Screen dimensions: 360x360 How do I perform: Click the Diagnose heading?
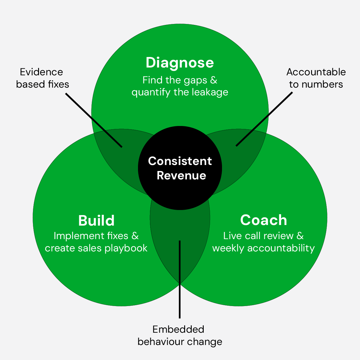[x=180, y=63]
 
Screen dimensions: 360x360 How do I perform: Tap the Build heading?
[x=96, y=220]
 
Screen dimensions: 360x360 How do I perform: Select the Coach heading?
[x=263, y=220]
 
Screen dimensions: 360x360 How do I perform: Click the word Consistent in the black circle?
[x=180, y=161]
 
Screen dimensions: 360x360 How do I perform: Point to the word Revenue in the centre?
[x=181, y=175]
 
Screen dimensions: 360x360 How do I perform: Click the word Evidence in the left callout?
[x=41, y=72]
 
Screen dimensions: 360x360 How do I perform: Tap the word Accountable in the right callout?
[x=316, y=72]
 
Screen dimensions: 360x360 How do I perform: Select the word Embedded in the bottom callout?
[x=178, y=329]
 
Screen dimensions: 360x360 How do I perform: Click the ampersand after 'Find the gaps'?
[x=213, y=80]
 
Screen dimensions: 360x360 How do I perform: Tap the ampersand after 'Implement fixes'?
[x=135, y=236]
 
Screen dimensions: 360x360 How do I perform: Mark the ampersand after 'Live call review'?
[x=300, y=236]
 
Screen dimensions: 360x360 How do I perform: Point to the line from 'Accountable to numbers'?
[x=264, y=119]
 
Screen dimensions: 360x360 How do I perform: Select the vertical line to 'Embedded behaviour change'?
[x=179, y=279]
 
